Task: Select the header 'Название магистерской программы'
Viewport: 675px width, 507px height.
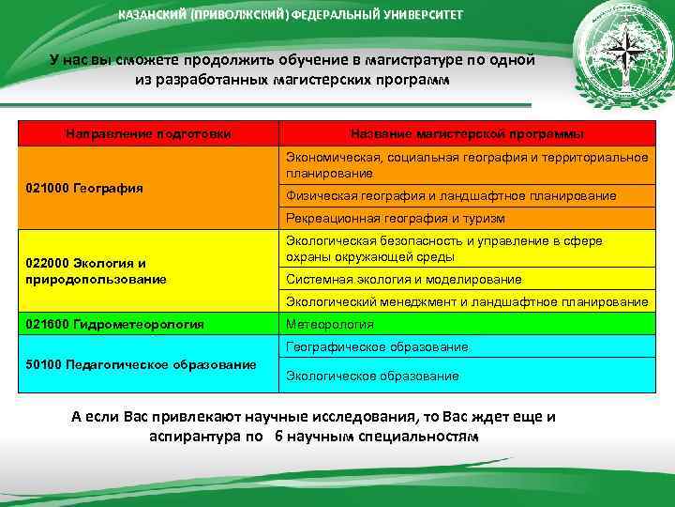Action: click(466, 134)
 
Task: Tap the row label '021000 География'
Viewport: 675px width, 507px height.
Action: click(84, 188)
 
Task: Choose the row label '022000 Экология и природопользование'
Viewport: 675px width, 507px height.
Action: click(94, 271)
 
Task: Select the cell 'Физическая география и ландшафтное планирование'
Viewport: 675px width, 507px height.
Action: click(451, 195)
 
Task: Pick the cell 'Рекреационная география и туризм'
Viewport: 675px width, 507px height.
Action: click(396, 218)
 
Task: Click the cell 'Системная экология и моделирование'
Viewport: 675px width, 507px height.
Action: click(404, 279)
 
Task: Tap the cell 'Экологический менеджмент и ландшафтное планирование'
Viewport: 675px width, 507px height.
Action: click(467, 301)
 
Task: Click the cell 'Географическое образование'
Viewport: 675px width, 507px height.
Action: click(377, 346)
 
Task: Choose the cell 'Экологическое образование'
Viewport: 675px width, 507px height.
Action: click(372, 376)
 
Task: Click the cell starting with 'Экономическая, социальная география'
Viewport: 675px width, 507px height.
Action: click(466, 164)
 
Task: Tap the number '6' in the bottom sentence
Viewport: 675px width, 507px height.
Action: click(278, 438)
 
